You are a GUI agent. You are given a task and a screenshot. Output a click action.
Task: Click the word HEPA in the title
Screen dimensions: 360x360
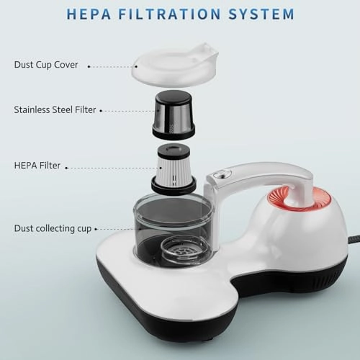click(90, 14)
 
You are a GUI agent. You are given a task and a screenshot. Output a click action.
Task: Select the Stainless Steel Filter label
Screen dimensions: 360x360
click(54, 110)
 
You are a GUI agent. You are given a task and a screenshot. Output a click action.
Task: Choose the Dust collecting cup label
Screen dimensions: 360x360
click(53, 228)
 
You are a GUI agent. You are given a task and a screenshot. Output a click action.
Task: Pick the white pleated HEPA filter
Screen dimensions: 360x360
click(173, 169)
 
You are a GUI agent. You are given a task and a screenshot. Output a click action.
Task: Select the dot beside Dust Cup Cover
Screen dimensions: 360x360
click(89, 66)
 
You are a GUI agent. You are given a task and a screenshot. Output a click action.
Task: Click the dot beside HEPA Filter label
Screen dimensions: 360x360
click(68, 167)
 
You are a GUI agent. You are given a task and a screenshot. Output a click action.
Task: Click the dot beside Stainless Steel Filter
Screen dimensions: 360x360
click(101, 111)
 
